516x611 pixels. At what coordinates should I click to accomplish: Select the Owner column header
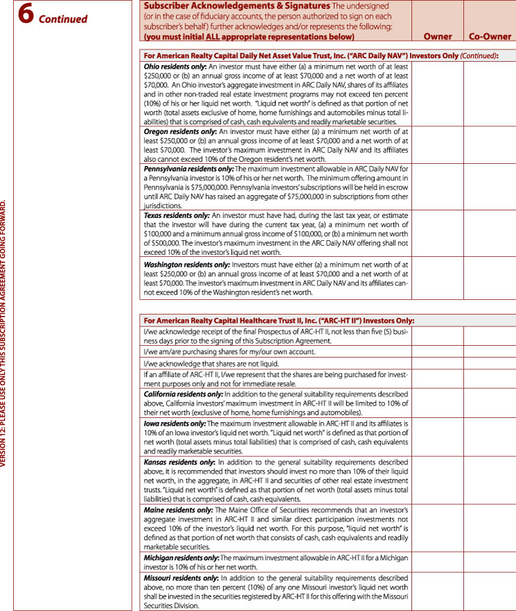pos(438,36)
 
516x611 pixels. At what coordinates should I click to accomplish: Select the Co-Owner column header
pos(490,36)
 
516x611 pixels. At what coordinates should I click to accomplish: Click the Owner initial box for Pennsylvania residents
pos(438,186)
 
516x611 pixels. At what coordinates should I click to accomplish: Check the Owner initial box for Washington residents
pos(438,278)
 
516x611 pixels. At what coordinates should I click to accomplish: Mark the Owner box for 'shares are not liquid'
pos(438,363)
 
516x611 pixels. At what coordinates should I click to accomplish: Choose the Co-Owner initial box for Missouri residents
pos(490,591)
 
